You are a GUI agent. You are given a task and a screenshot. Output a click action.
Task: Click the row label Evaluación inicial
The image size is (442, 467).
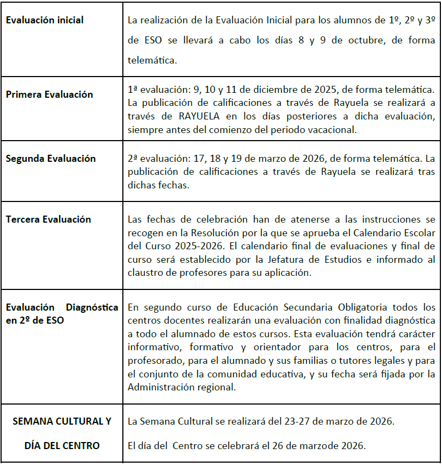point(45,20)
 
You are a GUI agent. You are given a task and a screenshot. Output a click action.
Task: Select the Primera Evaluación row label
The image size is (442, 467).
point(49,94)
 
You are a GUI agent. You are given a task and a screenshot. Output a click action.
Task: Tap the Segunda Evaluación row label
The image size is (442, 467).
point(51,159)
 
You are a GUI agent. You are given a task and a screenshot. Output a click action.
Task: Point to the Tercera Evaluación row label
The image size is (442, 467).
point(48,219)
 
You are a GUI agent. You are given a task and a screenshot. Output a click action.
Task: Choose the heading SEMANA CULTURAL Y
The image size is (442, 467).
point(61,421)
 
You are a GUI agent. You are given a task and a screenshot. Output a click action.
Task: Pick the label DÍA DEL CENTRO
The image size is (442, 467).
point(62,446)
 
